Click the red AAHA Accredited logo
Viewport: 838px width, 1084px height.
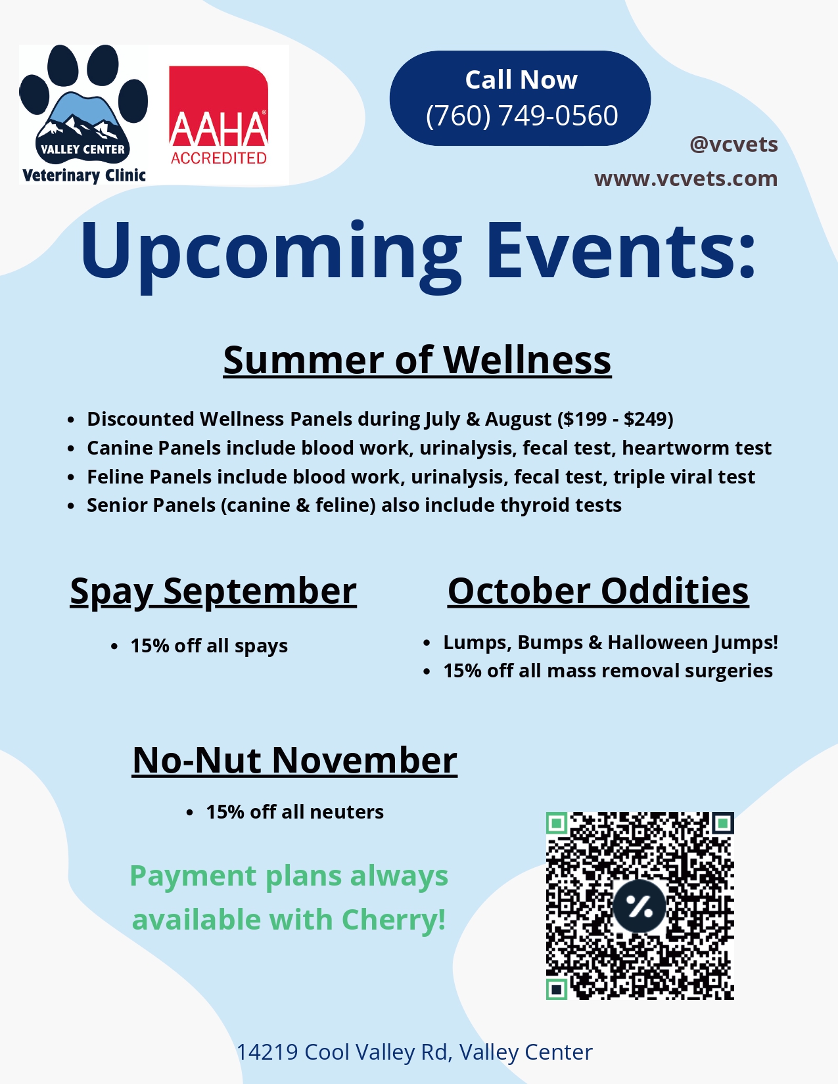(218, 115)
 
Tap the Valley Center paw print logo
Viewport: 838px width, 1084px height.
(83, 114)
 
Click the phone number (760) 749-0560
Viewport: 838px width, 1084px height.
(522, 115)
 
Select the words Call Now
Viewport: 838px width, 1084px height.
(521, 79)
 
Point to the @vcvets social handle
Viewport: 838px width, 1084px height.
(733, 145)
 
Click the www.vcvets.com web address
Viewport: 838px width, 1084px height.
(686, 179)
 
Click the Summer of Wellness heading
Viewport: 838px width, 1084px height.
(417, 359)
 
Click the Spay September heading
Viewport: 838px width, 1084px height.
(213, 592)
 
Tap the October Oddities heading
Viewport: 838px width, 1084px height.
(598, 591)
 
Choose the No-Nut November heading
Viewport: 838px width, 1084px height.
(294, 760)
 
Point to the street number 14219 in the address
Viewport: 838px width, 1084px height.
(267, 1052)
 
